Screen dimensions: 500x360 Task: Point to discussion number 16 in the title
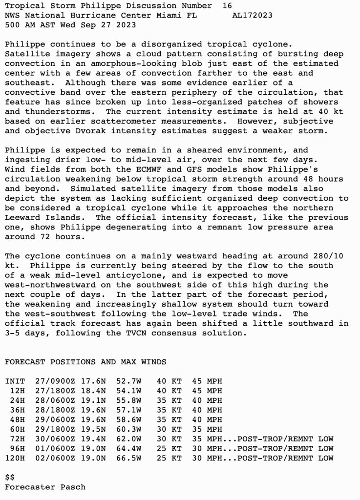(227, 6)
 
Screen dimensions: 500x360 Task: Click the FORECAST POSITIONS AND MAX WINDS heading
(85, 362)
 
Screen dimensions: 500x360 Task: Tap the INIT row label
(15, 381)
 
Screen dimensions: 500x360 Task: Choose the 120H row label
(15, 458)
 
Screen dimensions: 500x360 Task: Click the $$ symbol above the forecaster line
(10, 477)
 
